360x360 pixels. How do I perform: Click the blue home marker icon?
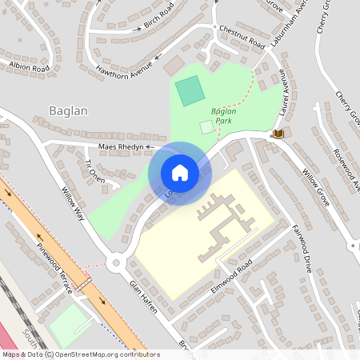(x=179, y=172)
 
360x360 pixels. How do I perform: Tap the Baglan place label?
(x=68, y=110)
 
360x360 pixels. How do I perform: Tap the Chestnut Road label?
(x=242, y=36)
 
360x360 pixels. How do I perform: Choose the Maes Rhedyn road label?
(x=120, y=147)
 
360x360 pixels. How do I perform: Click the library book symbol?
(x=278, y=133)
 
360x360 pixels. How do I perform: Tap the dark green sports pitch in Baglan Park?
(x=190, y=90)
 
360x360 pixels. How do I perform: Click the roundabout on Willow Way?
(x=118, y=262)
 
